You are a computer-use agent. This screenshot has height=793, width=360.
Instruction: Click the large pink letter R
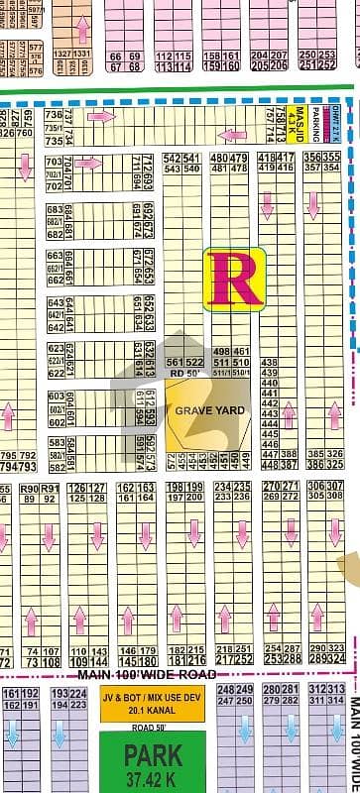click(x=234, y=278)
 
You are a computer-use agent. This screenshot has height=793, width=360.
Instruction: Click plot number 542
click(x=172, y=157)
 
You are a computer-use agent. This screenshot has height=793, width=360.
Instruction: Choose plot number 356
click(x=313, y=157)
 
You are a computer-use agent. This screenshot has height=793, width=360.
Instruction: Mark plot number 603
click(x=57, y=396)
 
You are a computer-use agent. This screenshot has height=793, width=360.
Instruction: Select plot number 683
click(x=56, y=210)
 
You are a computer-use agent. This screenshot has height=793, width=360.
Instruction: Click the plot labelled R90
click(x=29, y=489)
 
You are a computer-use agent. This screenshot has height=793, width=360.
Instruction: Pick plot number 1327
click(x=62, y=54)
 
